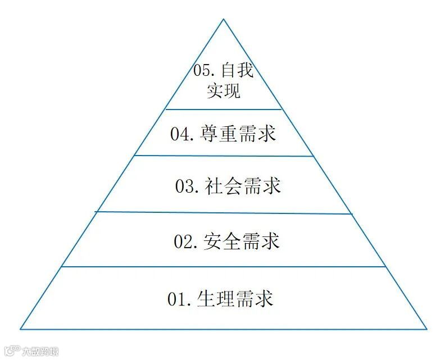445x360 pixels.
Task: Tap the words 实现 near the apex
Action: coord(223,90)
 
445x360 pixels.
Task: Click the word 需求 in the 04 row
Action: coord(257,134)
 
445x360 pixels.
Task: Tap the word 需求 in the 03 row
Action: coord(262,186)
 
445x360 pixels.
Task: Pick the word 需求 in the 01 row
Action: coord(255,299)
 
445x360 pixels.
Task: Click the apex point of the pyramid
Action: coord(224,19)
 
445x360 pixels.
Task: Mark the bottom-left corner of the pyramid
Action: coord(21,329)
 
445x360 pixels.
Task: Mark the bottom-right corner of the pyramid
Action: coord(426,329)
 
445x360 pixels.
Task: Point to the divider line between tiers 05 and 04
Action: coord(224,109)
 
